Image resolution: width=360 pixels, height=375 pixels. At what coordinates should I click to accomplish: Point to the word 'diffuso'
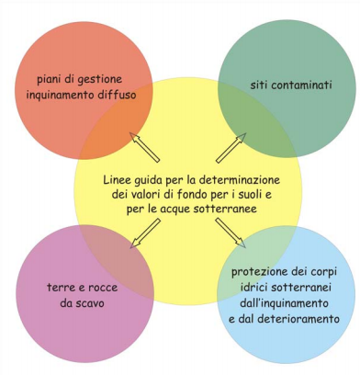pyautogui.click(x=120, y=94)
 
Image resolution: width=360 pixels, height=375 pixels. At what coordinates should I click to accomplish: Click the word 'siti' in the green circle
pyautogui.click(x=259, y=85)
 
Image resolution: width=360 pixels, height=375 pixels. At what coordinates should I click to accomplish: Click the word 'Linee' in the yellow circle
pyautogui.click(x=117, y=179)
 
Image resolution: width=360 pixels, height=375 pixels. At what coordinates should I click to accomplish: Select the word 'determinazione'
pyautogui.click(x=238, y=179)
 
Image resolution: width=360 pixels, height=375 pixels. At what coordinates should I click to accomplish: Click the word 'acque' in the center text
pyautogui.click(x=174, y=210)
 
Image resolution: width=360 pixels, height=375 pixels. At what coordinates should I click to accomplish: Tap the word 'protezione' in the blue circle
pyautogui.click(x=260, y=273)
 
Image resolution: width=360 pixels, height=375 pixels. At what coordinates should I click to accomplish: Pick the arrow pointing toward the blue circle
pyautogui.click(x=231, y=235)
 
